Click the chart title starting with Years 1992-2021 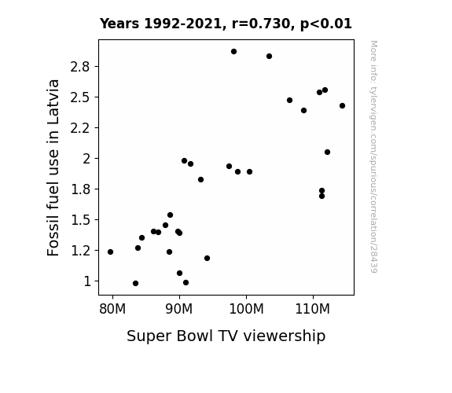[226, 24]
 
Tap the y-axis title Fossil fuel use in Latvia [53, 167]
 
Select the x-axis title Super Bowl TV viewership [226, 336]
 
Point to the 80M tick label [112, 309]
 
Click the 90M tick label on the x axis [179, 309]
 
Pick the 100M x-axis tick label [246, 309]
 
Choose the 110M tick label [313, 309]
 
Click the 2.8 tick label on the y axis [80, 67]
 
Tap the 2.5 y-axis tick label [80, 97]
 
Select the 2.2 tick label [80, 128]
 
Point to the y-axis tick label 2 [86, 159]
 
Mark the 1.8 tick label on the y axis [80, 189]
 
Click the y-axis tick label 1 [87, 281]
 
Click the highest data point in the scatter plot [233, 52]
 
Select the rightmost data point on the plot [342, 106]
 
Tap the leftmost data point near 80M [110, 252]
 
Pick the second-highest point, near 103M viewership [270, 57]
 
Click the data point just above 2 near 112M [327, 152]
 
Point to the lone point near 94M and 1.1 [207, 258]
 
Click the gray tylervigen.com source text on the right [373, 156]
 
